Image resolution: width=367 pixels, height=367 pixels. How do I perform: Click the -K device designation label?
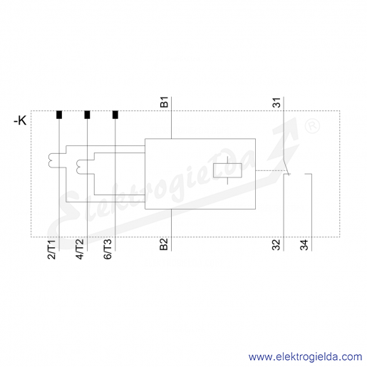[20, 121]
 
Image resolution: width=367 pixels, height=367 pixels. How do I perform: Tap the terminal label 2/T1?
[52, 249]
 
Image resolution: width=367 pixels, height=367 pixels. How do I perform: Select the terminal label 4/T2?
[80, 249]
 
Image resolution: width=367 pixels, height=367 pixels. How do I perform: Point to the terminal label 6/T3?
[108, 249]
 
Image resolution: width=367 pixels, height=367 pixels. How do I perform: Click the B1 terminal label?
[164, 102]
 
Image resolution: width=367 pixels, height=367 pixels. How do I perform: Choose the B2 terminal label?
[164, 244]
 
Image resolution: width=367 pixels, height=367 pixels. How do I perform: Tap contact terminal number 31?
[276, 103]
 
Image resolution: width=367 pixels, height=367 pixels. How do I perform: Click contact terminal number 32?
[276, 244]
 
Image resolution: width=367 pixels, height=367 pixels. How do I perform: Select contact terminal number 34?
[304, 244]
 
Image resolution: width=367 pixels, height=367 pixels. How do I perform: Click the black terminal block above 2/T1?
[59, 115]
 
